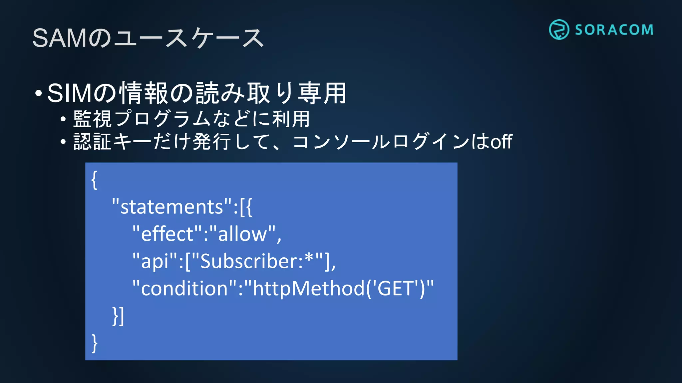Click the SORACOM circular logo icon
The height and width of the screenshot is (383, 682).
click(559, 30)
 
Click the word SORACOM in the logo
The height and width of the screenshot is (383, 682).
click(614, 30)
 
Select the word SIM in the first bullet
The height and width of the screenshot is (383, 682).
click(69, 93)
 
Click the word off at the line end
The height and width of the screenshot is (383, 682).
click(501, 142)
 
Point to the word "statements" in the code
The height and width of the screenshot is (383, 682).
click(171, 207)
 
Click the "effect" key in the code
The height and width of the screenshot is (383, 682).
click(167, 234)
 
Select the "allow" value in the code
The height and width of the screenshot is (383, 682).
click(242, 234)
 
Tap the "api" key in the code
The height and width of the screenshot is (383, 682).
click(155, 261)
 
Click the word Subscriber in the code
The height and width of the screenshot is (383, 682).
click(251, 261)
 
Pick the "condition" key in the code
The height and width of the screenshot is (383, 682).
click(184, 288)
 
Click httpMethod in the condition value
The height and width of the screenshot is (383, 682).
click(309, 288)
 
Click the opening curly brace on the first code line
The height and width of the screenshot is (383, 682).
click(95, 180)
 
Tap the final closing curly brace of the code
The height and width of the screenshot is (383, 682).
click(95, 343)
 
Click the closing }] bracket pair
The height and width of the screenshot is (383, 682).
click(118, 316)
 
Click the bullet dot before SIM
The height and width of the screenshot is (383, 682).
click(39, 94)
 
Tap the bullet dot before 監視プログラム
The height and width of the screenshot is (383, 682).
click(63, 119)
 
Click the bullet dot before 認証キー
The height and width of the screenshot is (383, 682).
click(63, 142)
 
